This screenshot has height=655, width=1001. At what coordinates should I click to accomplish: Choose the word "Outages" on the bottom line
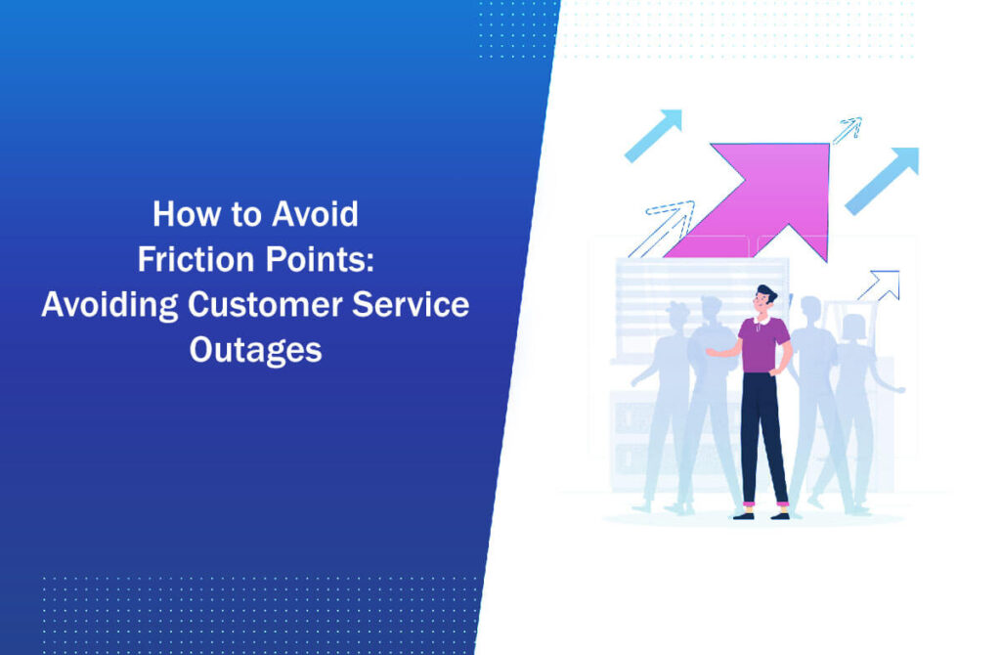[x=255, y=350]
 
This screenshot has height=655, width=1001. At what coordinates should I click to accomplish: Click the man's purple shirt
[x=763, y=342]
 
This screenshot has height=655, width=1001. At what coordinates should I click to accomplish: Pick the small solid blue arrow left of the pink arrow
[x=653, y=135]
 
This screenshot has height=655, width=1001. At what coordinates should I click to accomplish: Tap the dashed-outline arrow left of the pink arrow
[x=665, y=227]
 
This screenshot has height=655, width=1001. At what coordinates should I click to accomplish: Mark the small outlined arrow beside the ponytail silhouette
[x=879, y=285]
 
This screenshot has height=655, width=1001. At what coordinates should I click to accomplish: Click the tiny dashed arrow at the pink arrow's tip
[x=847, y=129]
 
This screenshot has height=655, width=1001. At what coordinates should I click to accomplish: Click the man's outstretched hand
[x=712, y=351]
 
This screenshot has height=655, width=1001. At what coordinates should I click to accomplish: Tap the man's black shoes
[x=762, y=514]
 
